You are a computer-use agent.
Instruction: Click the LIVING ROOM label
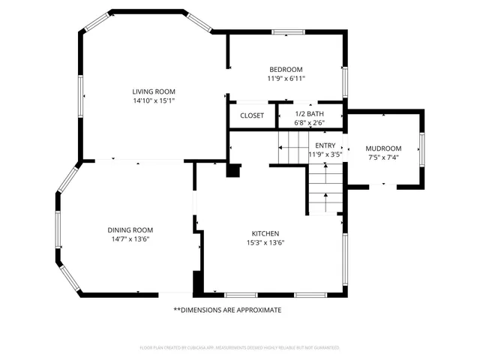(154, 91)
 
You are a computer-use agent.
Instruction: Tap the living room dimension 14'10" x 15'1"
(154, 100)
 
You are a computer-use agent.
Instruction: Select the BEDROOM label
(286, 69)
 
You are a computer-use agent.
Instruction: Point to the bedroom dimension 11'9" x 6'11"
(286, 78)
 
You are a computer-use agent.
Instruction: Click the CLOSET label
(252, 115)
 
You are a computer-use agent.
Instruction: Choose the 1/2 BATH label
(309, 114)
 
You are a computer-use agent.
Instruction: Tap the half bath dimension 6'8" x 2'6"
(309, 123)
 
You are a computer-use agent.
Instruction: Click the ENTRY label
(325, 145)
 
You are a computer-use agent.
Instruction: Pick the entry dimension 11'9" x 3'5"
(325, 154)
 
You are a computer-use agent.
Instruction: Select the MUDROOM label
(383, 148)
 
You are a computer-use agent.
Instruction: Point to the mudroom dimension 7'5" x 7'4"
(383, 157)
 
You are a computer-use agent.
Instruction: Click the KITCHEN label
(265, 233)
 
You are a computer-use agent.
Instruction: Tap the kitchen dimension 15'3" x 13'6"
(265, 242)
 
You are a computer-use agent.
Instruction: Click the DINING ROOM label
(130, 229)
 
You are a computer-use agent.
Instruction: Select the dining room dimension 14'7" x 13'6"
(130, 239)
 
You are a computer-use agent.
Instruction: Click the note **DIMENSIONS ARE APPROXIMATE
(227, 310)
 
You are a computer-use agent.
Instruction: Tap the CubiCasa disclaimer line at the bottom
(240, 348)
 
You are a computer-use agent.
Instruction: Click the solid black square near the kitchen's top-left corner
(234, 170)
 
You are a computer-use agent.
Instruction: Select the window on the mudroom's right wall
(422, 148)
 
